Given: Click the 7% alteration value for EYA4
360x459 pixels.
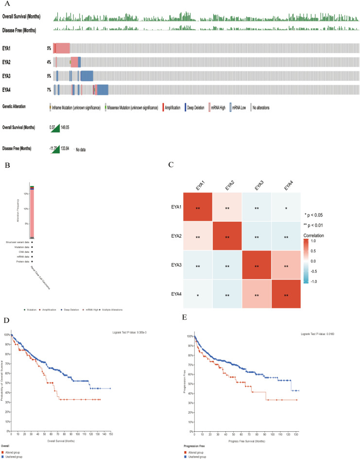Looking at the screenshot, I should point(49,89).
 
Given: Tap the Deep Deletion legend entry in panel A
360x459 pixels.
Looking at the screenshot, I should point(196,107).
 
